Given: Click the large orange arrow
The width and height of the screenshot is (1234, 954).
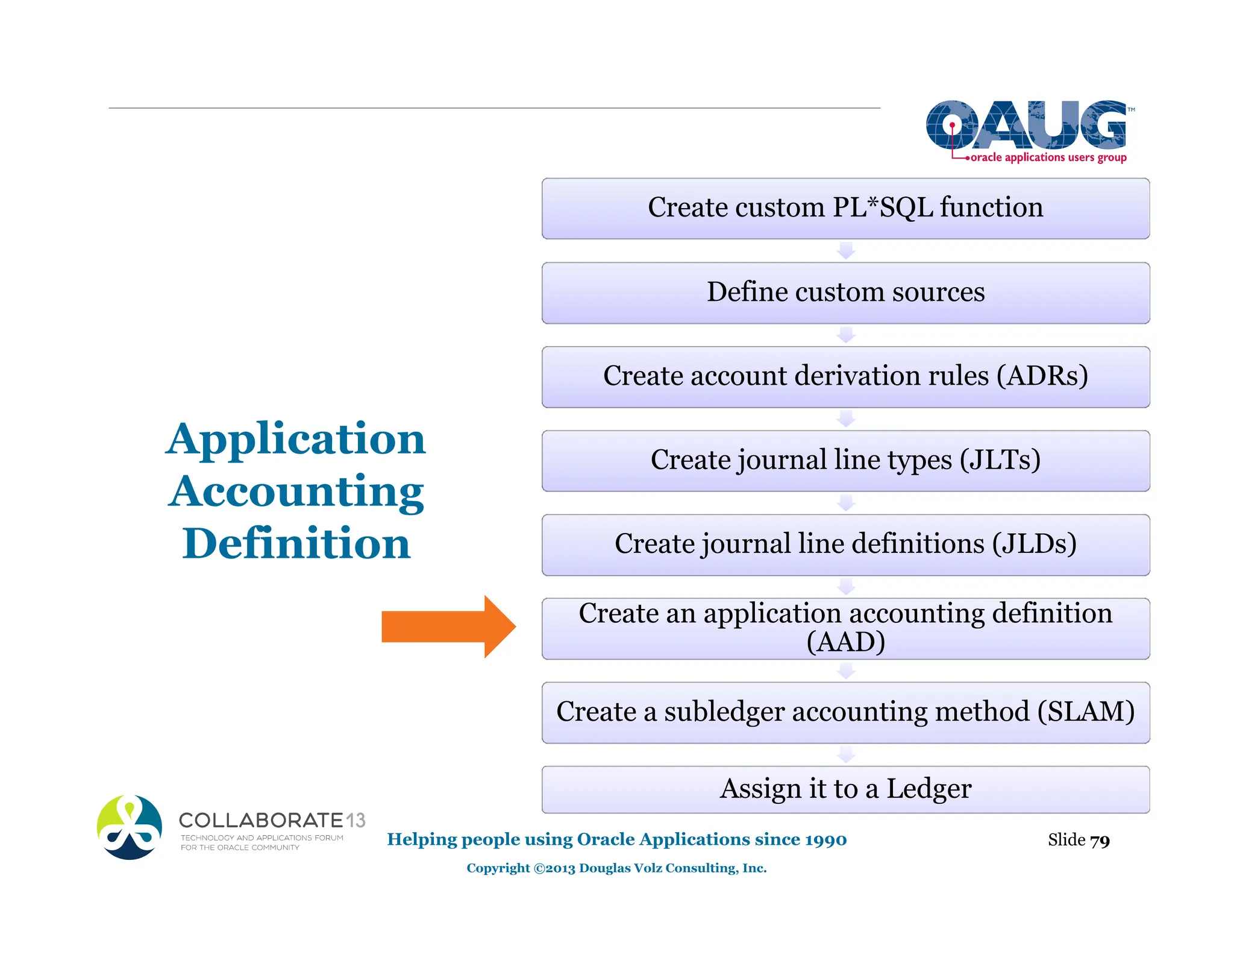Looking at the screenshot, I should tap(449, 627).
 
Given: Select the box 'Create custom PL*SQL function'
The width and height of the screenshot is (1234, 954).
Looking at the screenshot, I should tap(845, 208).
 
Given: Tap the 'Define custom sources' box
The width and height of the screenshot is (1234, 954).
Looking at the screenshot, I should tap(845, 292).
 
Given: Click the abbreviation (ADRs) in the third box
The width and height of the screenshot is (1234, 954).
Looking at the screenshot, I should tap(1042, 376).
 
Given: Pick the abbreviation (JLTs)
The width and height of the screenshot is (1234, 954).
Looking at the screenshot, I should tap(1000, 460).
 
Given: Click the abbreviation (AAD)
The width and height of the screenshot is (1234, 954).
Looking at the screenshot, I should tap(845, 642).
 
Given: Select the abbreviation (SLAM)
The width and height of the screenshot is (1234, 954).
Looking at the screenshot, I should tap(1086, 712).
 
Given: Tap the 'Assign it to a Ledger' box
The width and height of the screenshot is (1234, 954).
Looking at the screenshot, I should tap(845, 789).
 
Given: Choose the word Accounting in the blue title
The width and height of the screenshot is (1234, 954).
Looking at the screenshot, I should tap(296, 491).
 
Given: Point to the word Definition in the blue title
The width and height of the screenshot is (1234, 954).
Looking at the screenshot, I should tap(296, 543).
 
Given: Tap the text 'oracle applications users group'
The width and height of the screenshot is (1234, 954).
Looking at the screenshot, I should tap(1048, 157).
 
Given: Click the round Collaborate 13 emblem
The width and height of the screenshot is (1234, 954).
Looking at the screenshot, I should tap(130, 827).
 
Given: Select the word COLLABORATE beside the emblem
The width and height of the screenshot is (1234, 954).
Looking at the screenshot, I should tap(261, 820).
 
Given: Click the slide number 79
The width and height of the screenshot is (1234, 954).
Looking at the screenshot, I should tap(1100, 840).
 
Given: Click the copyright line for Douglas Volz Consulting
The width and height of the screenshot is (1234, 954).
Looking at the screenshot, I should tap(616, 868).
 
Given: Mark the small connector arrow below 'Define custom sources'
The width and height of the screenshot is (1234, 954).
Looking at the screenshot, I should tap(846, 335).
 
